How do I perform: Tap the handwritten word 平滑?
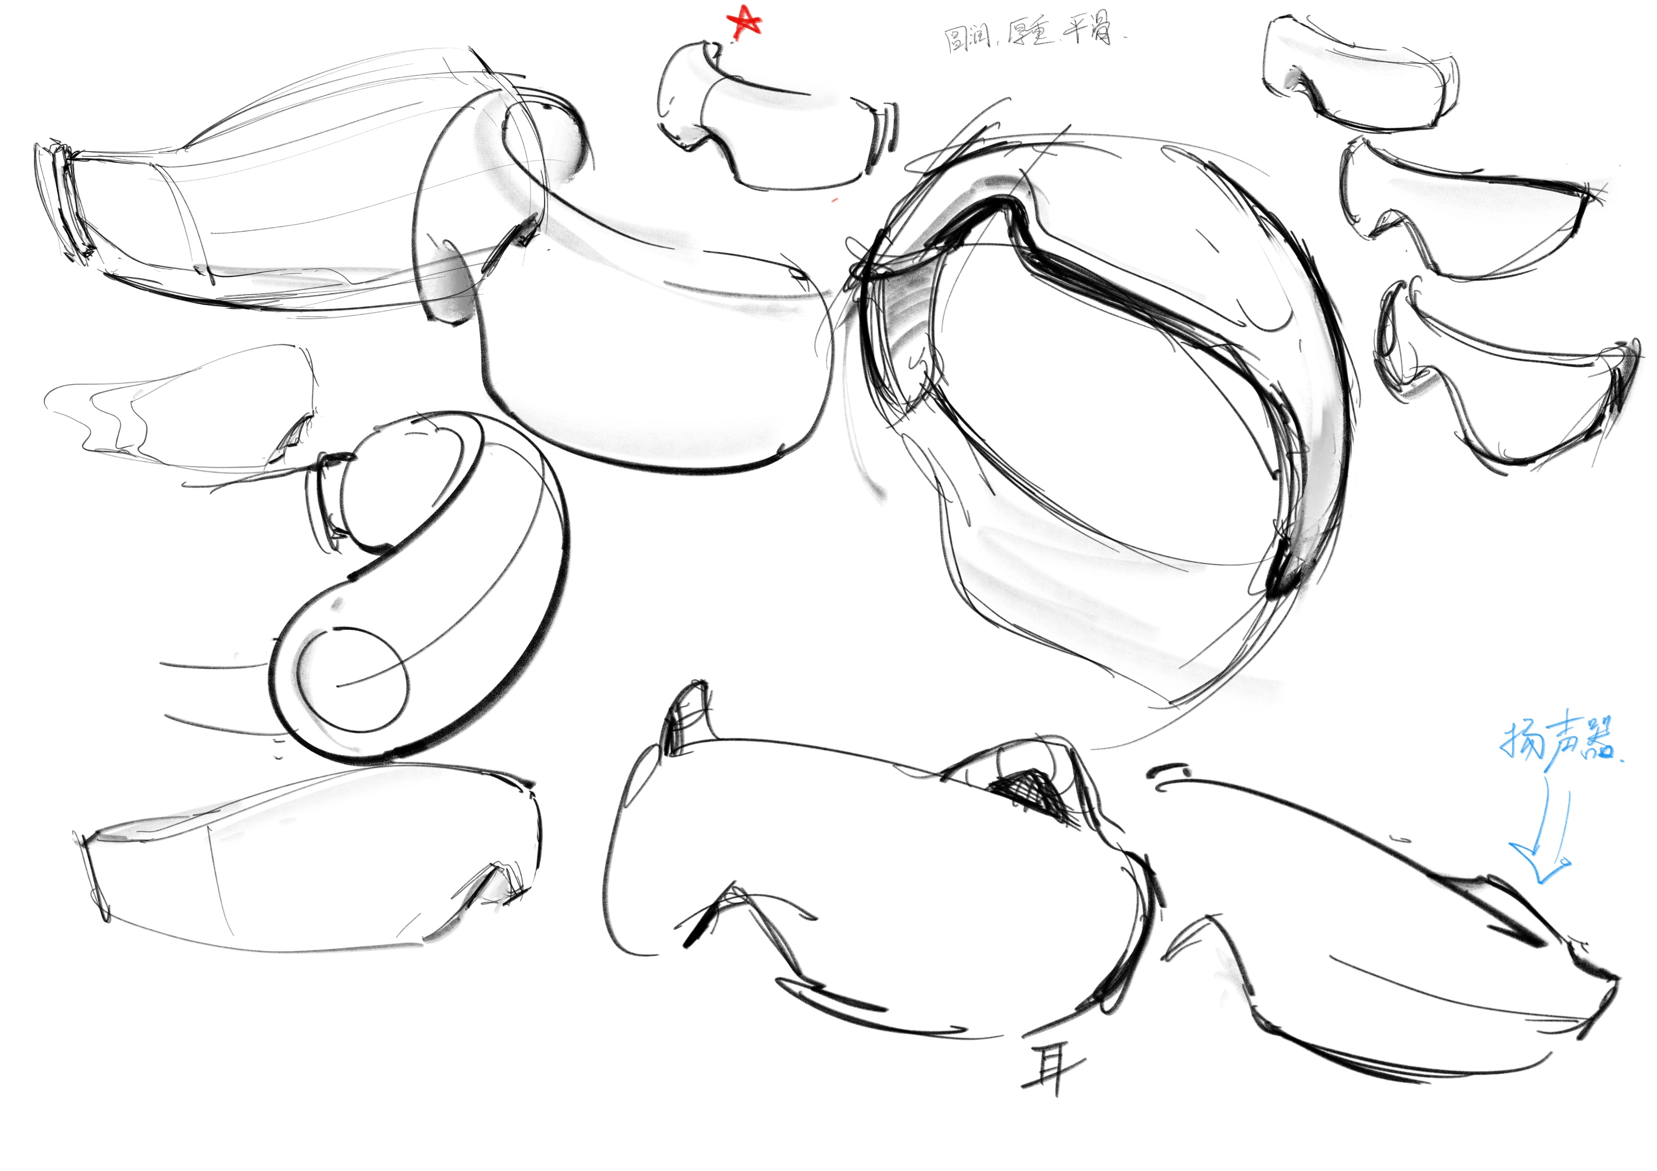pyautogui.click(x=1090, y=30)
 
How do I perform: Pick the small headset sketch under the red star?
pyautogui.click(x=776, y=119)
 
